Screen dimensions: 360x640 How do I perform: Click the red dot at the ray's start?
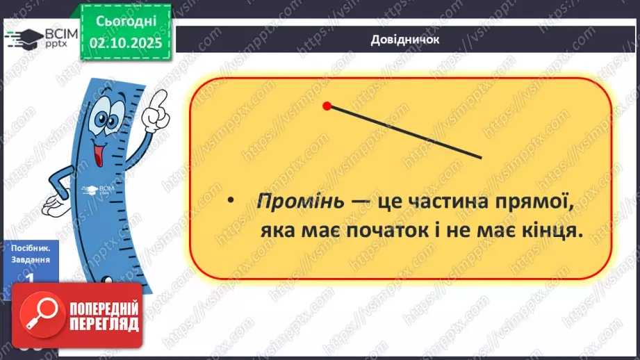coord(327,106)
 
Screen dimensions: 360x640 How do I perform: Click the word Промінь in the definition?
coord(300,202)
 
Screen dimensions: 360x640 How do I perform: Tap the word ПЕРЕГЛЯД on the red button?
coord(104,324)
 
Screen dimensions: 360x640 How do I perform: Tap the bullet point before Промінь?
coord(232,202)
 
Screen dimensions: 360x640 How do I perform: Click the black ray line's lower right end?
coord(479,156)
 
